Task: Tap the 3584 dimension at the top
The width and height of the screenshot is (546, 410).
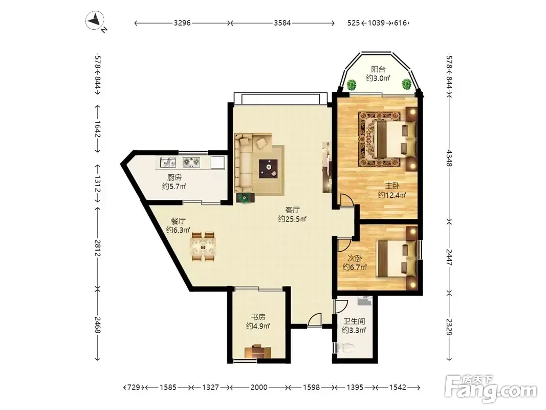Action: (x=282, y=23)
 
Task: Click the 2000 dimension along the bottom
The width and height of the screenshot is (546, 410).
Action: (x=259, y=387)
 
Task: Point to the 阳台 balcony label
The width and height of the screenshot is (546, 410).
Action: (x=378, y=69)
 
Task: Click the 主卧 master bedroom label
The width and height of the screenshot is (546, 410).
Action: (x=392, y=186)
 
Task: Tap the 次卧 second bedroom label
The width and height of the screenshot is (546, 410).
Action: (x=355, y=258)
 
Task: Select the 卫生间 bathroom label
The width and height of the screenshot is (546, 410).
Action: (x=354, y=321)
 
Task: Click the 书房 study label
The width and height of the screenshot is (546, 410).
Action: (x=258, y=317)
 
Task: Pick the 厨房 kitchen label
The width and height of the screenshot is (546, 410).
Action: (x=174, y=177)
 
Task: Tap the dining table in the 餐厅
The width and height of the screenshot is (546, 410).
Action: (x=203, y=247)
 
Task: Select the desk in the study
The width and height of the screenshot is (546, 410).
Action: (x=258, y=352)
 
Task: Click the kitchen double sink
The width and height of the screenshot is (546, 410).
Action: (x=168, y=162)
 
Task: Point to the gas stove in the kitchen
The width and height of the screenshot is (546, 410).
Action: (x=192, y=162)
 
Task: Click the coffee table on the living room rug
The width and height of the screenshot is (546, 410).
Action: (x=268, y=168)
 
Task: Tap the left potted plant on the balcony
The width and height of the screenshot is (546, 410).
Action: (x=352, y=85)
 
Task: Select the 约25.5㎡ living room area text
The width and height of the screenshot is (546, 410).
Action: (x=292, y=219)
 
